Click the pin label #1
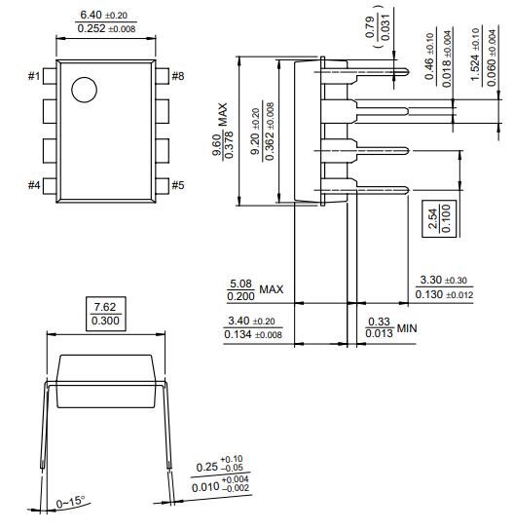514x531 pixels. point(34,76)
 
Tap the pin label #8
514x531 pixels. point(177,76)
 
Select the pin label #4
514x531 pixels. point(34,185)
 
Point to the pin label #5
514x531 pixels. point(177,185)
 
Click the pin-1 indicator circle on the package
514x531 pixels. point(84,90)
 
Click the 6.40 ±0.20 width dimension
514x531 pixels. point(107,15)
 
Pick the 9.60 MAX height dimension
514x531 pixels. point(224,130)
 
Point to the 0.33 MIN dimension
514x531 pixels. point(390,329)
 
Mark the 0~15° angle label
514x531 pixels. point(72,503)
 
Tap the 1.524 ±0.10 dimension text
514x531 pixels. point(473,57)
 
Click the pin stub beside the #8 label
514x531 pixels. point(162,76)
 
